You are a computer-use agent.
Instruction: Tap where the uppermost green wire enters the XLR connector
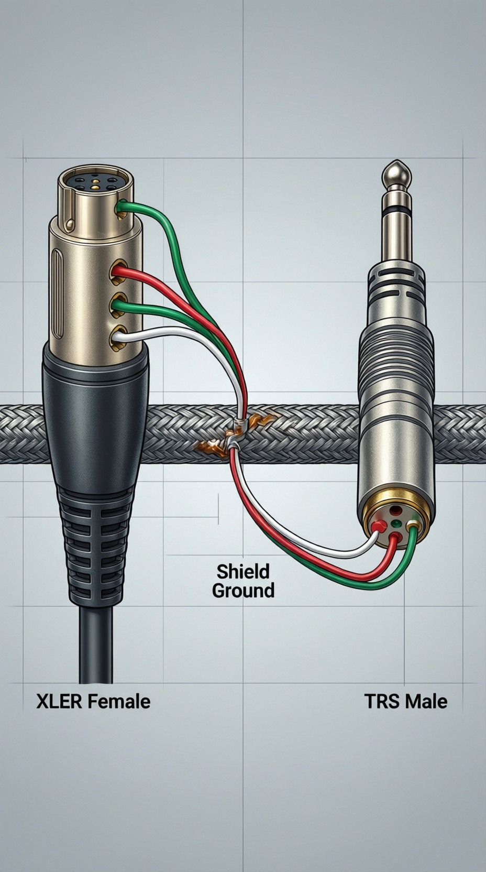click(121, 206)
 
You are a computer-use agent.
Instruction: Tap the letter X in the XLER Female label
click(42, 702)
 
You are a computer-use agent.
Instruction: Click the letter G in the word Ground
click(219, 591)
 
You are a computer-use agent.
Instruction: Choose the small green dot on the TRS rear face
click(396, 523)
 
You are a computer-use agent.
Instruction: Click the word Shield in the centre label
click(243, 571)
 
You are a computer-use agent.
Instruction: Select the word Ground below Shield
click(243, 591)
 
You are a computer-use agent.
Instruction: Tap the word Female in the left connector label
click(118, 702)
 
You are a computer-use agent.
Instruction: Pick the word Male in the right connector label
click(426, 702)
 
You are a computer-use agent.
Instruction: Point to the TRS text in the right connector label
click(383, 702)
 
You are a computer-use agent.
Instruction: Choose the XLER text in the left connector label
click(59, 702)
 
